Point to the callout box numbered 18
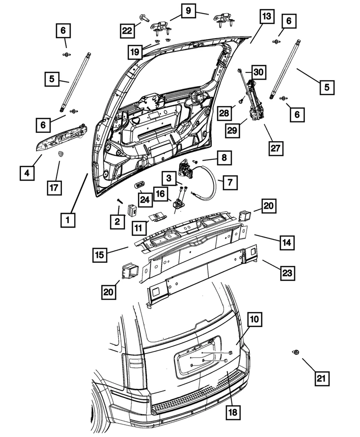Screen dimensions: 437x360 pos(232,412)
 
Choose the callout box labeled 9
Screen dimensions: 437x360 pos(188,10)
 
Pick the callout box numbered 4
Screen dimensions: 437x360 pos(27,173)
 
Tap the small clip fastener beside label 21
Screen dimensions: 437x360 pos(295,352)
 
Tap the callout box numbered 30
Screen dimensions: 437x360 pos(258,71)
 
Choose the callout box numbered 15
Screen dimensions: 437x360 pos(101,254)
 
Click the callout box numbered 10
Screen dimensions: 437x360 pos(254,320)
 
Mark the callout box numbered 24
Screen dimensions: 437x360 pos(145,198)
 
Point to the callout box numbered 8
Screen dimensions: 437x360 pos(223,158)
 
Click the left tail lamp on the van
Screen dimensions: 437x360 pos(136,363)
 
